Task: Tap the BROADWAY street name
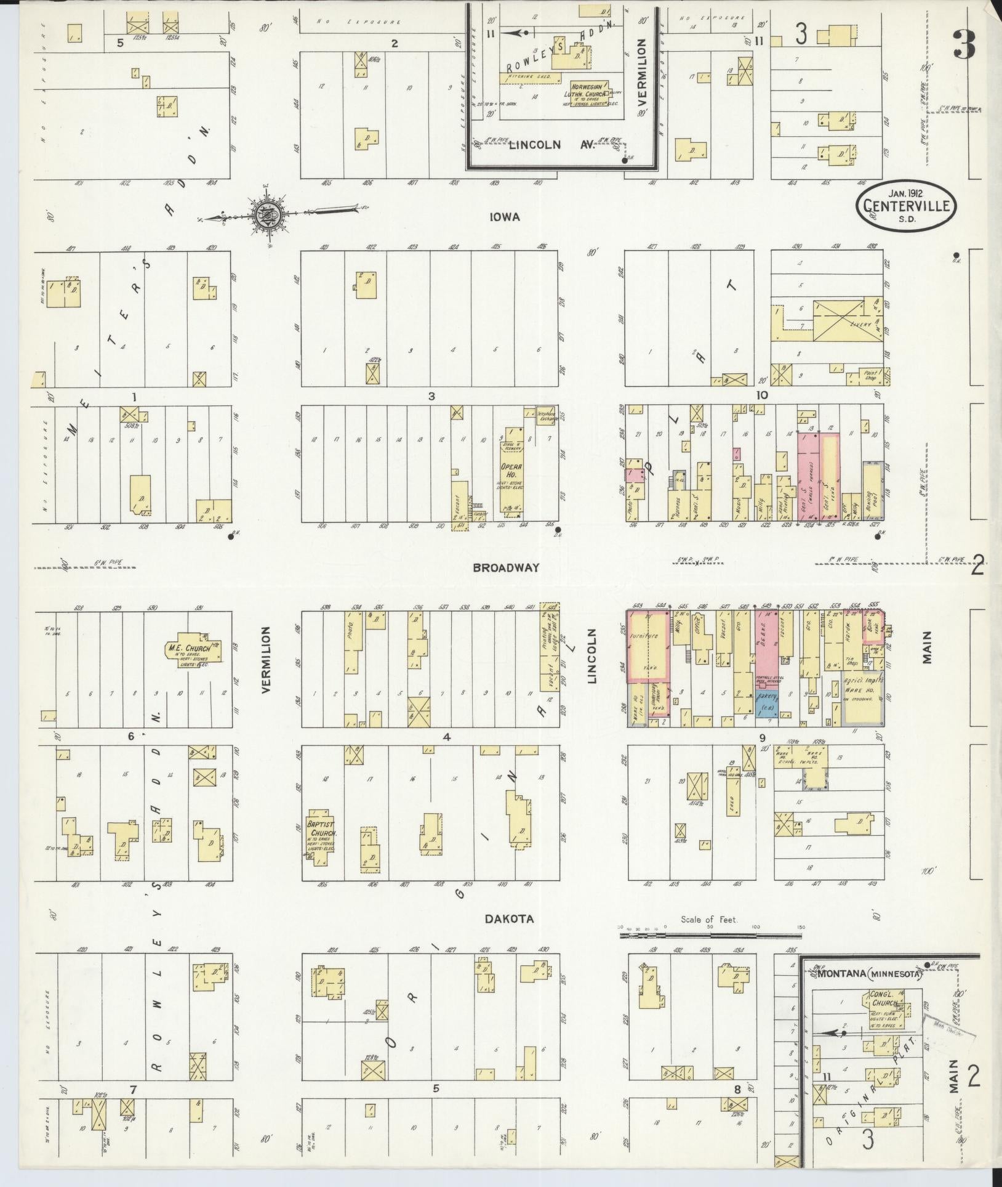pos(506,567)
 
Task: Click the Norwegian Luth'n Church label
pos(589,92)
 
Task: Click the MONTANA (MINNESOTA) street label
pos(869,975)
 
